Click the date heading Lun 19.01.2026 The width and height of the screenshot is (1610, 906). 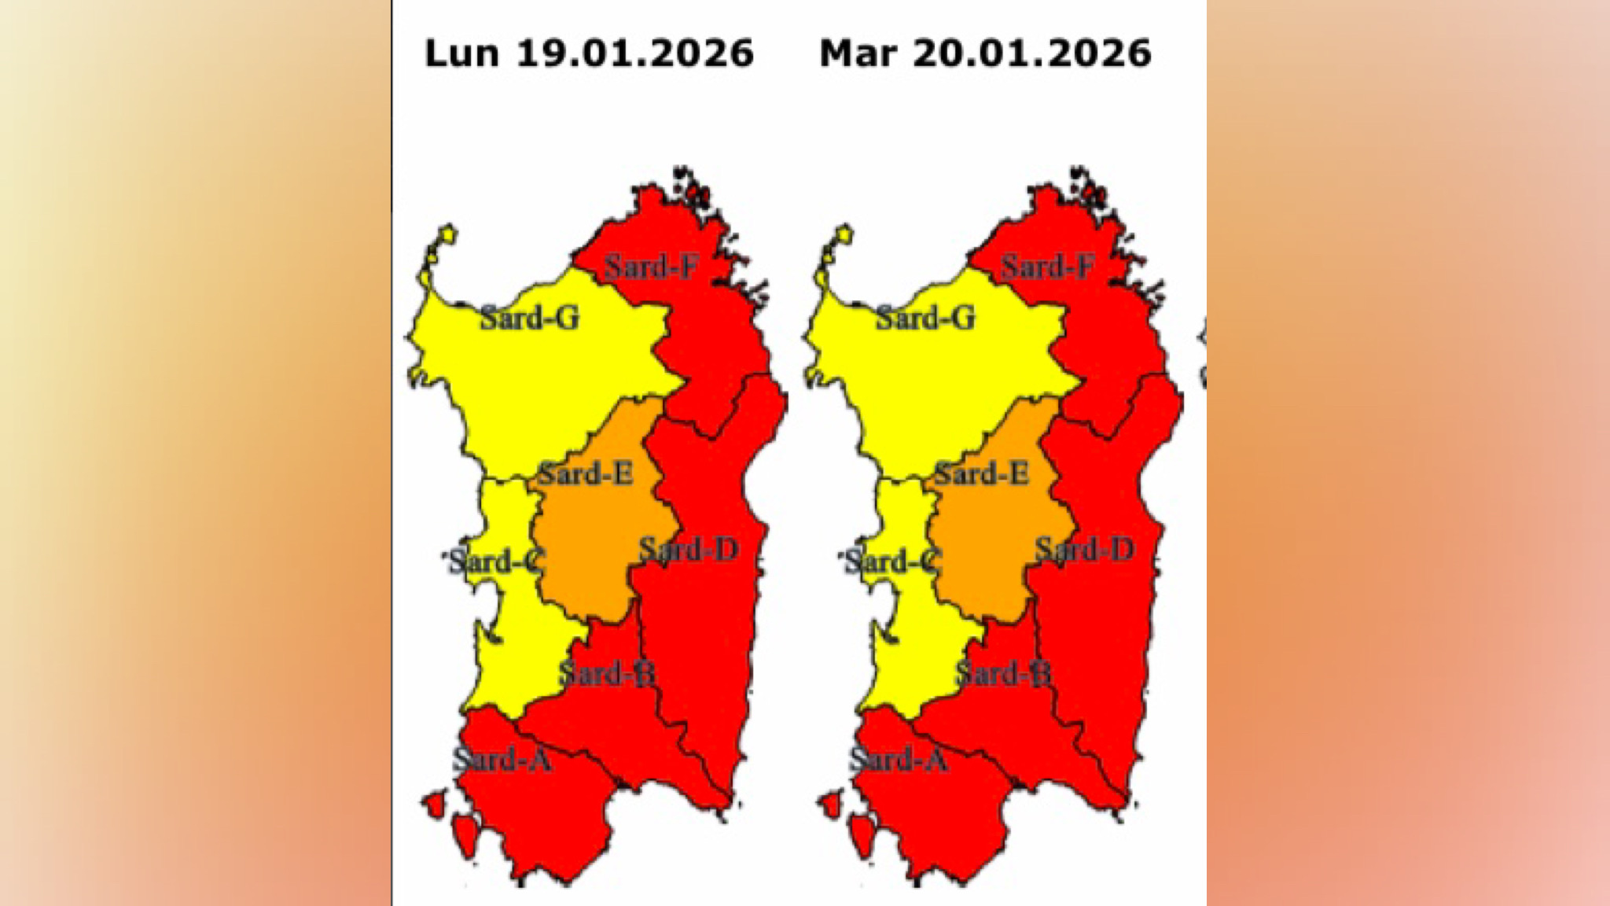coord(589,53)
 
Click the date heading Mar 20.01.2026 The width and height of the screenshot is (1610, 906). coord(985,53)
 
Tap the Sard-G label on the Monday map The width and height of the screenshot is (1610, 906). coord(529,318)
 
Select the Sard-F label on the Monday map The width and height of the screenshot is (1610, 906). coord(651,267)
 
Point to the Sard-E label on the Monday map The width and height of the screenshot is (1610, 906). coord(585,474)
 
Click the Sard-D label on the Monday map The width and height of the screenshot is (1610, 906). coord(689,549)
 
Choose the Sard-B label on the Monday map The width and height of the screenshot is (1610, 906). coord(607,673)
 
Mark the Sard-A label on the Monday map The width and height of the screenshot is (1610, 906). coord(502,760)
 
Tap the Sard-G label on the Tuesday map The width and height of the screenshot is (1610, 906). coord(925,318)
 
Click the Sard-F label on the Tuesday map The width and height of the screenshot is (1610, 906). coord(1047,267)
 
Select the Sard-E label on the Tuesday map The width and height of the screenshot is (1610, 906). coord(981,474)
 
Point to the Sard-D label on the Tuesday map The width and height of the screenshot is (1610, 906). coord(1085,549)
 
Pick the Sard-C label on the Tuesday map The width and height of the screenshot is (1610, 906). coord(891,562)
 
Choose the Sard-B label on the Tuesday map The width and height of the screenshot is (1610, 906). coord(1003,673)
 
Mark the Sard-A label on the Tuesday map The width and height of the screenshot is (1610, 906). coord(899,760)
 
